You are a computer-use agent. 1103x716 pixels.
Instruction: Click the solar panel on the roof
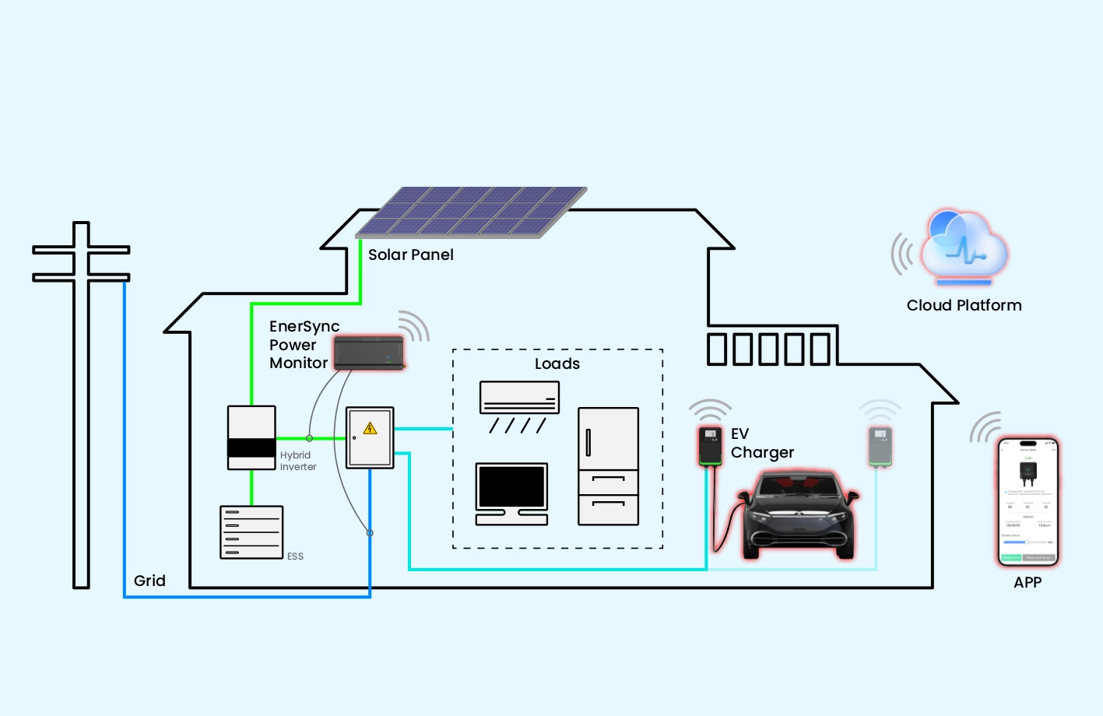(x=471, y=212)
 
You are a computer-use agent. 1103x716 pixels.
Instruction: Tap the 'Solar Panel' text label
(x=410, y=254)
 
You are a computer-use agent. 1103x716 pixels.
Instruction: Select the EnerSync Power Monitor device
(x=369, y=353)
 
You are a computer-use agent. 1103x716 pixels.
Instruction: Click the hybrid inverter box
(x=251, y=437)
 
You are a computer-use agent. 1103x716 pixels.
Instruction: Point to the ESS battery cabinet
(x=251, y=532)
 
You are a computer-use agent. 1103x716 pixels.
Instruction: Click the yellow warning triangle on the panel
(x=371, y=428)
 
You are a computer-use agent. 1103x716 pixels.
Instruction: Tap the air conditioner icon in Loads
(x=519, y=398)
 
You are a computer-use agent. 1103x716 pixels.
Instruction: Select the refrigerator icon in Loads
(x=608, y=465)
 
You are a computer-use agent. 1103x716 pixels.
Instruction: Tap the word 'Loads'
(x=557, y=363)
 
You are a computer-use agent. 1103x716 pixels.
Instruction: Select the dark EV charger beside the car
(x=709, y=445)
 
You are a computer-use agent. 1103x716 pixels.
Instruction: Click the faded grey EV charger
(x=880, y=446)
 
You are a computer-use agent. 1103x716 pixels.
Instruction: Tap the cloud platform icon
(x=964, y=247)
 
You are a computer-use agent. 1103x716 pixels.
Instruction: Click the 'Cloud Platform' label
(x=964, y=305)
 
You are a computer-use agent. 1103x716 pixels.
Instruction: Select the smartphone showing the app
(x=1028, y=502)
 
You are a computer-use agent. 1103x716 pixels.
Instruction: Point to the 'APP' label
(x=1027, y=582)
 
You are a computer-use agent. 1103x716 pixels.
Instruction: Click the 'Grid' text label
(x=149, y=581)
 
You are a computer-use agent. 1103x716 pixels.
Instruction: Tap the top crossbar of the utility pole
(x=81, y=250)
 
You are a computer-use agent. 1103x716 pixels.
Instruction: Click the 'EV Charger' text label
(x=761, y=443)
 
